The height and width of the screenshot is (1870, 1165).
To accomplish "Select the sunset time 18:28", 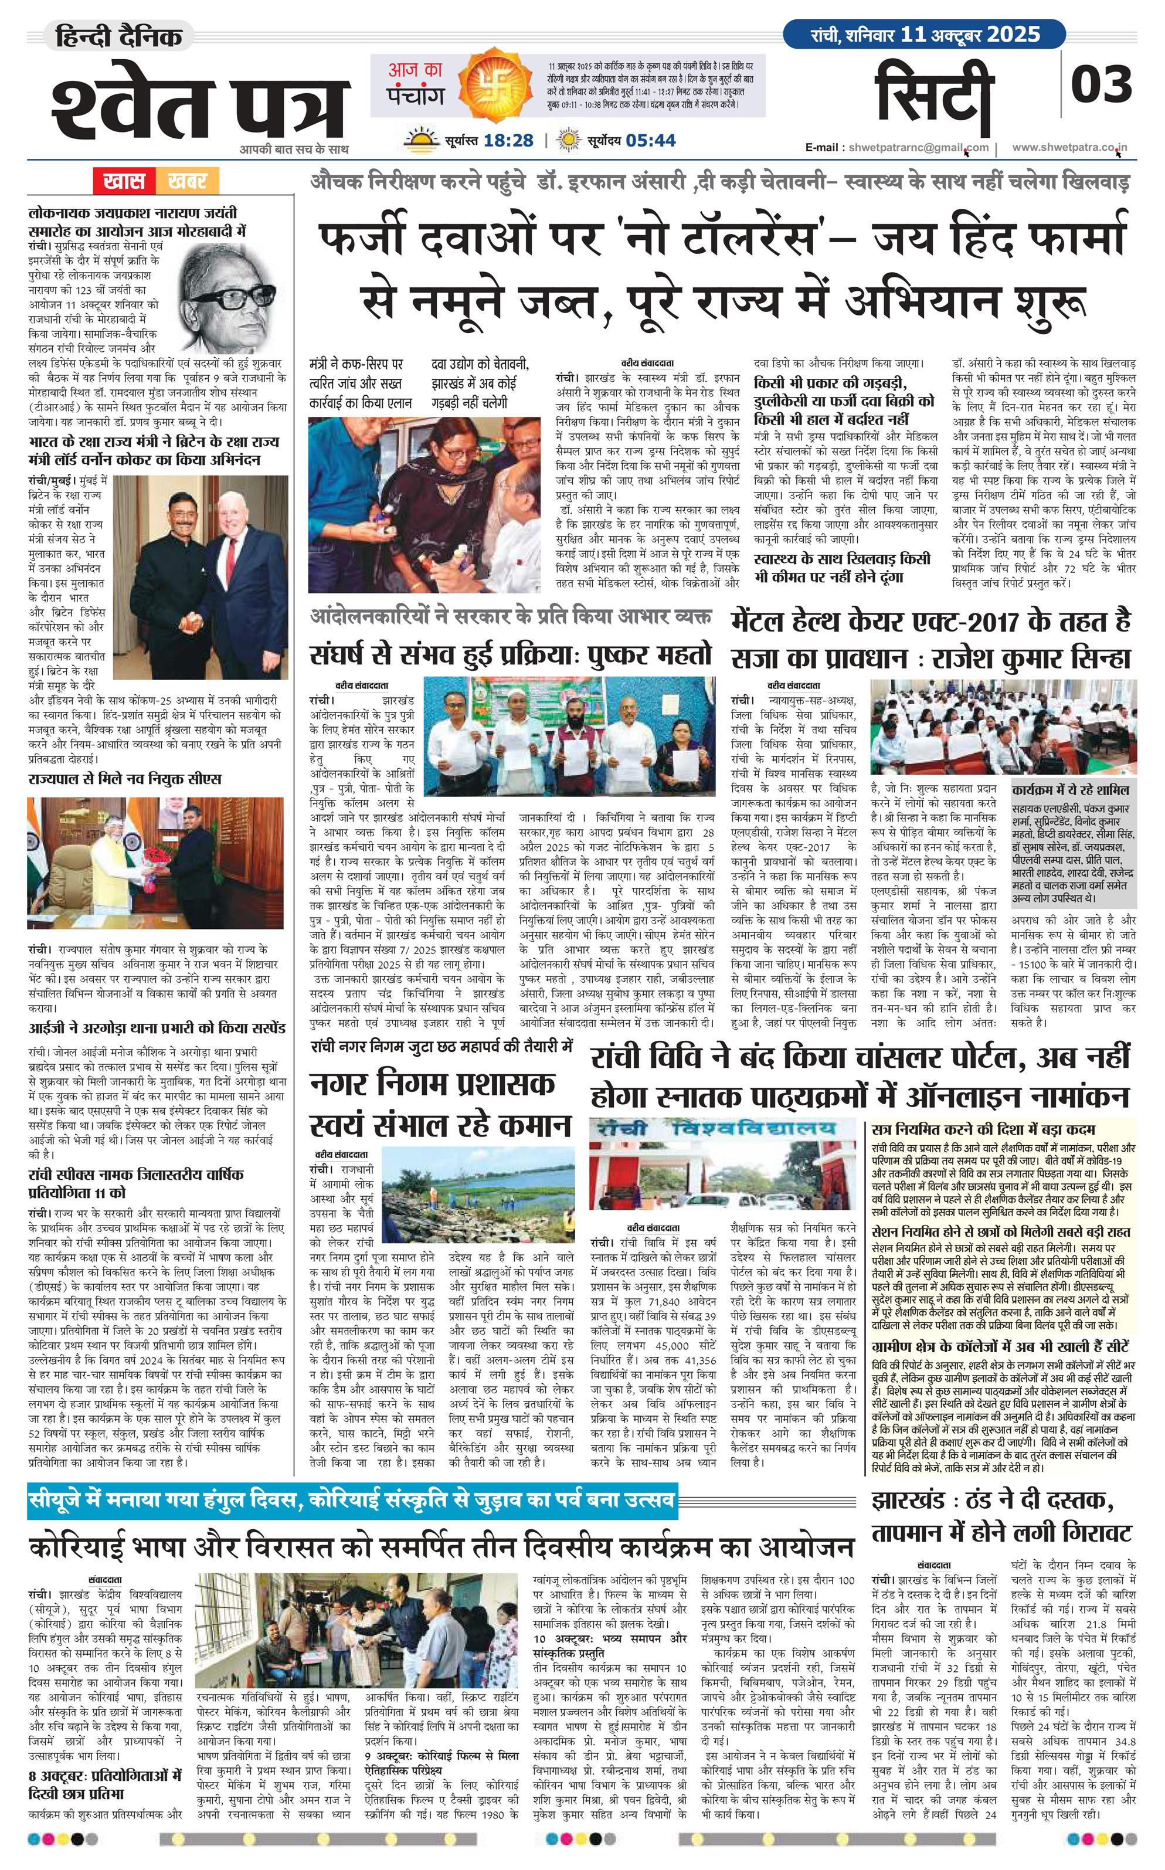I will click(x=508, y=140).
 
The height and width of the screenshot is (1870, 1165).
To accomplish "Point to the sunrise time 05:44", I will click(x=651, y=140).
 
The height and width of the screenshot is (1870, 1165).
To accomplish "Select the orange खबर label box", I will click(x=186, y=182).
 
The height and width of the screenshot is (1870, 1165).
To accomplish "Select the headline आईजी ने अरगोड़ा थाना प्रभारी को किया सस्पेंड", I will click(x=157, y=1029).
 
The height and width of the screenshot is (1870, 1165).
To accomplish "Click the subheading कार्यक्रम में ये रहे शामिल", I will click(x=1071, y=790).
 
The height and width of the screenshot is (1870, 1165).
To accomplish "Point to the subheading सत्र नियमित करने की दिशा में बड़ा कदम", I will click(x=983, y=1129).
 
